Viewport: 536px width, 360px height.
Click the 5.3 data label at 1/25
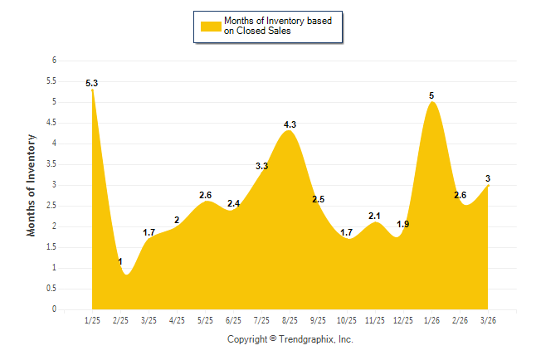(x=92, y=83)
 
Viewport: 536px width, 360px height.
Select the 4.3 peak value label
(x=290, y=124)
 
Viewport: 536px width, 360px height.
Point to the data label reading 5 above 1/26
(x=431, y=95)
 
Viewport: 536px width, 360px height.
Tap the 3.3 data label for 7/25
(x=261, y=166)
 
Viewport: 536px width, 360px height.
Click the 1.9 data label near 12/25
(x=403, y=224)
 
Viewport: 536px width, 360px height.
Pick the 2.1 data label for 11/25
(x=374, y=216)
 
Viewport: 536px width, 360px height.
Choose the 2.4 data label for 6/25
(x=233, y=203)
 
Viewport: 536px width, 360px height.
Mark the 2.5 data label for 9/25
(x=318, y=199)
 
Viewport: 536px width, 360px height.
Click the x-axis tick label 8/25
(x=290, y=320)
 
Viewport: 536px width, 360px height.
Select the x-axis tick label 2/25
(x=121, y=320)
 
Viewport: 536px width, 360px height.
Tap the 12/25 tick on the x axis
(x=403, y=320)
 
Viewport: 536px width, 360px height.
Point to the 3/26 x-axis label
(x=488, y=320)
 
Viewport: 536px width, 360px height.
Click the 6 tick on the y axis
(x=54, y=61)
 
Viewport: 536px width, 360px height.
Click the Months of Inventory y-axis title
(x=32, y=185)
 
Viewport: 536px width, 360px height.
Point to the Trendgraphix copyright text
(x=290, y=339)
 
